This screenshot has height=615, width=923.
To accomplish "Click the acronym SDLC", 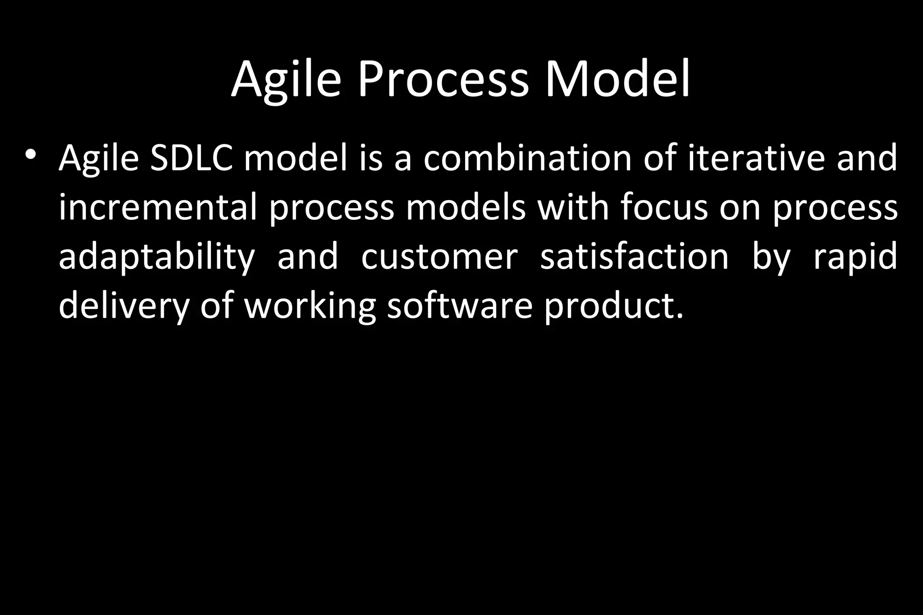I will (192, 159).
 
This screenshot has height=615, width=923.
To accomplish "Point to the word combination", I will (527, 159).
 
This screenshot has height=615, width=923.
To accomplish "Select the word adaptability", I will (157, 257).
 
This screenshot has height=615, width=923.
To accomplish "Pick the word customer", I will (439, 257).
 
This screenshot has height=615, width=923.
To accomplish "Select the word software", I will (460, 305).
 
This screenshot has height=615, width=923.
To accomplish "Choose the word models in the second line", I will (466, 207).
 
